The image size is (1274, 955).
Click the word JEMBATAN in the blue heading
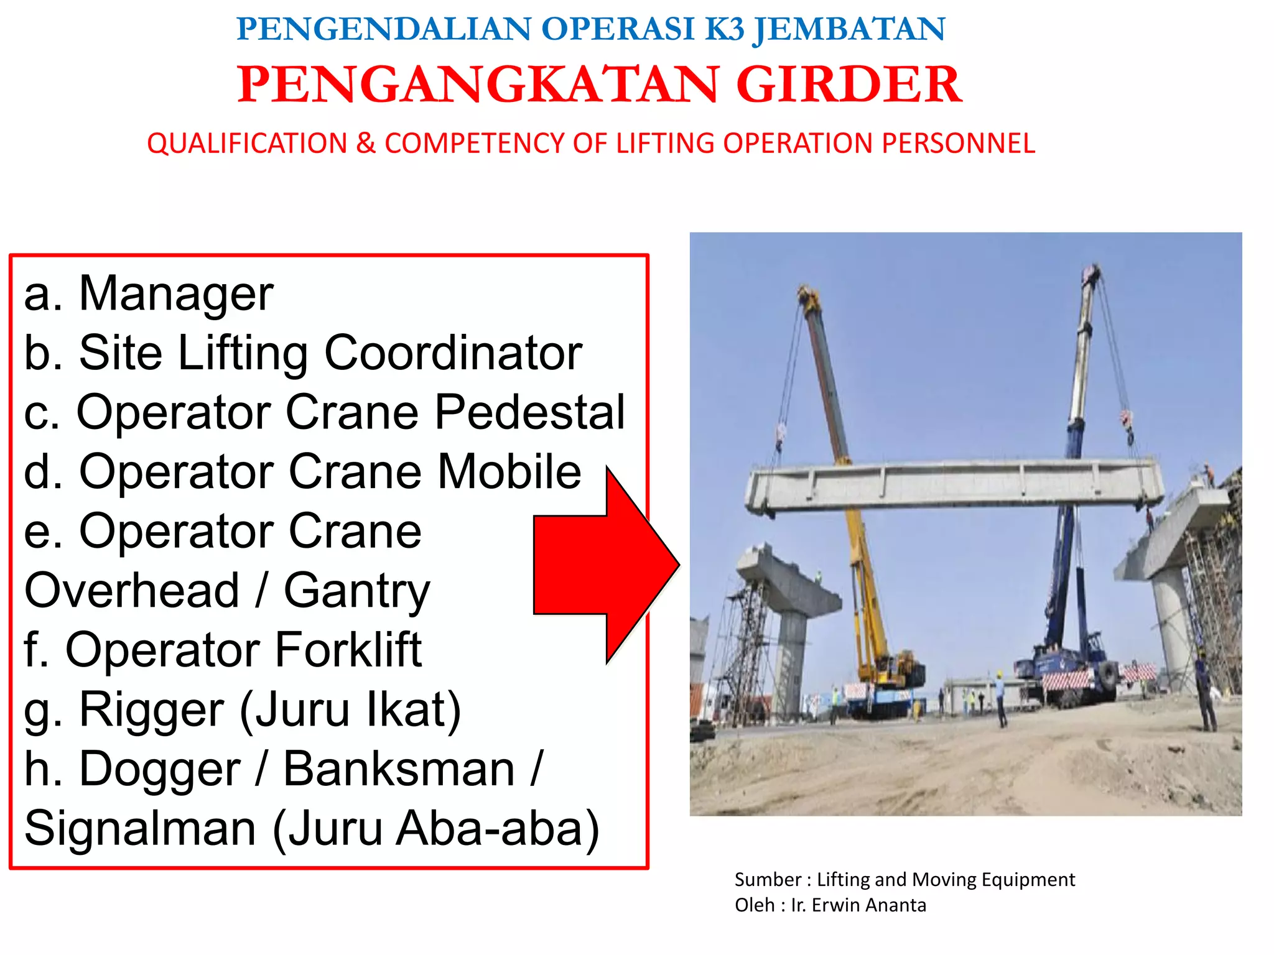pyautogui.click(x=849, y=29)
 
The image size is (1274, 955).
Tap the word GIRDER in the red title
pyautogui.click(x=849, y=85)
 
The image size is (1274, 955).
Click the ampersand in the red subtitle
pyautogui.click(x=366, y=144)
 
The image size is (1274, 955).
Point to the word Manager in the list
pyautogui.click(x=176, y=293)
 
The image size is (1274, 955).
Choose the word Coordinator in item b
pyautogui.click(x=453, y=353)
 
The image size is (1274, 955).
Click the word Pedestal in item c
pyautogui.click(x=529, y=412)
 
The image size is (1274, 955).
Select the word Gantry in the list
pyautogui.click(x=357, y=591)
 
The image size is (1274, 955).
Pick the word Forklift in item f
pyautogui.click(x=348, y=650)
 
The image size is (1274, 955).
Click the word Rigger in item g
pyautogui.click(x=152, y=709)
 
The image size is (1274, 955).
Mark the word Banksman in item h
pyautogui.click(x=399, y=769)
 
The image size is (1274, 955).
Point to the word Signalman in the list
pyautogui.click(x=141, y=828)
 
